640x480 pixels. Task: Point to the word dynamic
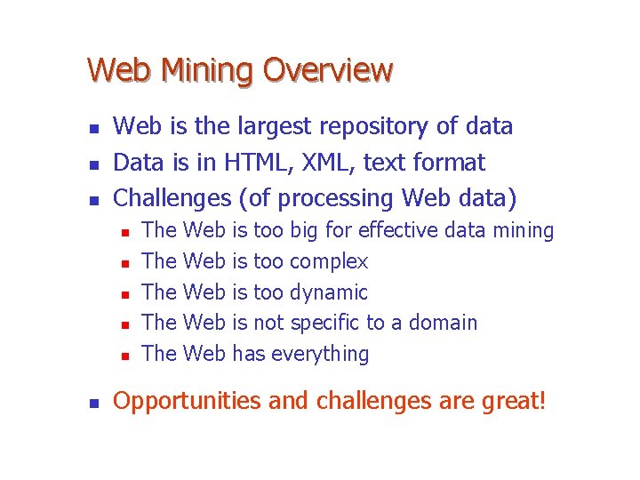(328, 292)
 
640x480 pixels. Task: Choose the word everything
(319, 354)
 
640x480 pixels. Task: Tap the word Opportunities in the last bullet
(188, 402)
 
